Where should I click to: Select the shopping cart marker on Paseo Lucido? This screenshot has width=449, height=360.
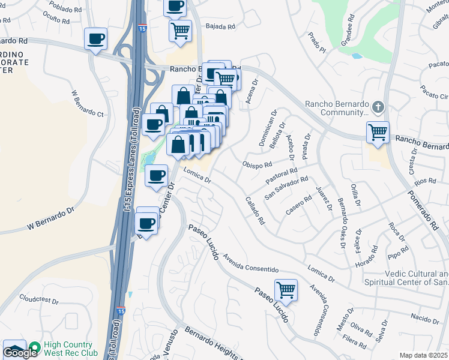point(286,290)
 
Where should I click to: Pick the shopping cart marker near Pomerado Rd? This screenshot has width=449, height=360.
point(378,131)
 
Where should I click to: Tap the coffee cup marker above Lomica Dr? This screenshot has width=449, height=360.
point(157,176)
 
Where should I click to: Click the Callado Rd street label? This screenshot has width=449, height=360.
point(255,210)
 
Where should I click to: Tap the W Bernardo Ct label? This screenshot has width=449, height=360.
point(88,103)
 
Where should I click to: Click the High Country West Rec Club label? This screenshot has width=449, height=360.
point(62,349)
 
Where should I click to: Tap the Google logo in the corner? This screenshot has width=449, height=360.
point(20,353)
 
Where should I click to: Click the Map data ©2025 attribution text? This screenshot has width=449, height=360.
point(424,355)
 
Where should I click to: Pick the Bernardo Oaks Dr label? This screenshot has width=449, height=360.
point(340,222)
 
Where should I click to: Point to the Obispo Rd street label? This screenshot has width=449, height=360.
point(258,164)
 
